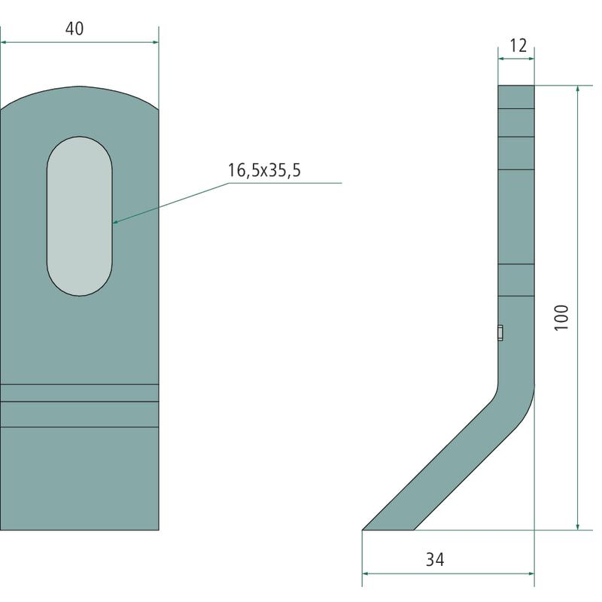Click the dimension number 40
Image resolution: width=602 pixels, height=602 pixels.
[x=74, y=29]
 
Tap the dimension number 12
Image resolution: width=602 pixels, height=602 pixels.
[x=518, y=46]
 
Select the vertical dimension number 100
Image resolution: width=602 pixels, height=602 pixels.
[x=561, y=317]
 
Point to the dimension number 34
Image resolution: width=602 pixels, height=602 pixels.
[x=435, y=559]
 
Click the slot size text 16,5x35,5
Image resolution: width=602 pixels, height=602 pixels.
[x=264, y=170]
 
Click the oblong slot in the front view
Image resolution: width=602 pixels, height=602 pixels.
[x=80, y=216]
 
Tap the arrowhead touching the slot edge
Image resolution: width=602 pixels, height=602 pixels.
[x=116, y=221]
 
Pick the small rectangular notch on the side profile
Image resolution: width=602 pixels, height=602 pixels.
[x=500, y=333]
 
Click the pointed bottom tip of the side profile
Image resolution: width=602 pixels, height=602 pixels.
[x=363, y=530]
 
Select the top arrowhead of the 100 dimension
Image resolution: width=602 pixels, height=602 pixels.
[x=578, y=88]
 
